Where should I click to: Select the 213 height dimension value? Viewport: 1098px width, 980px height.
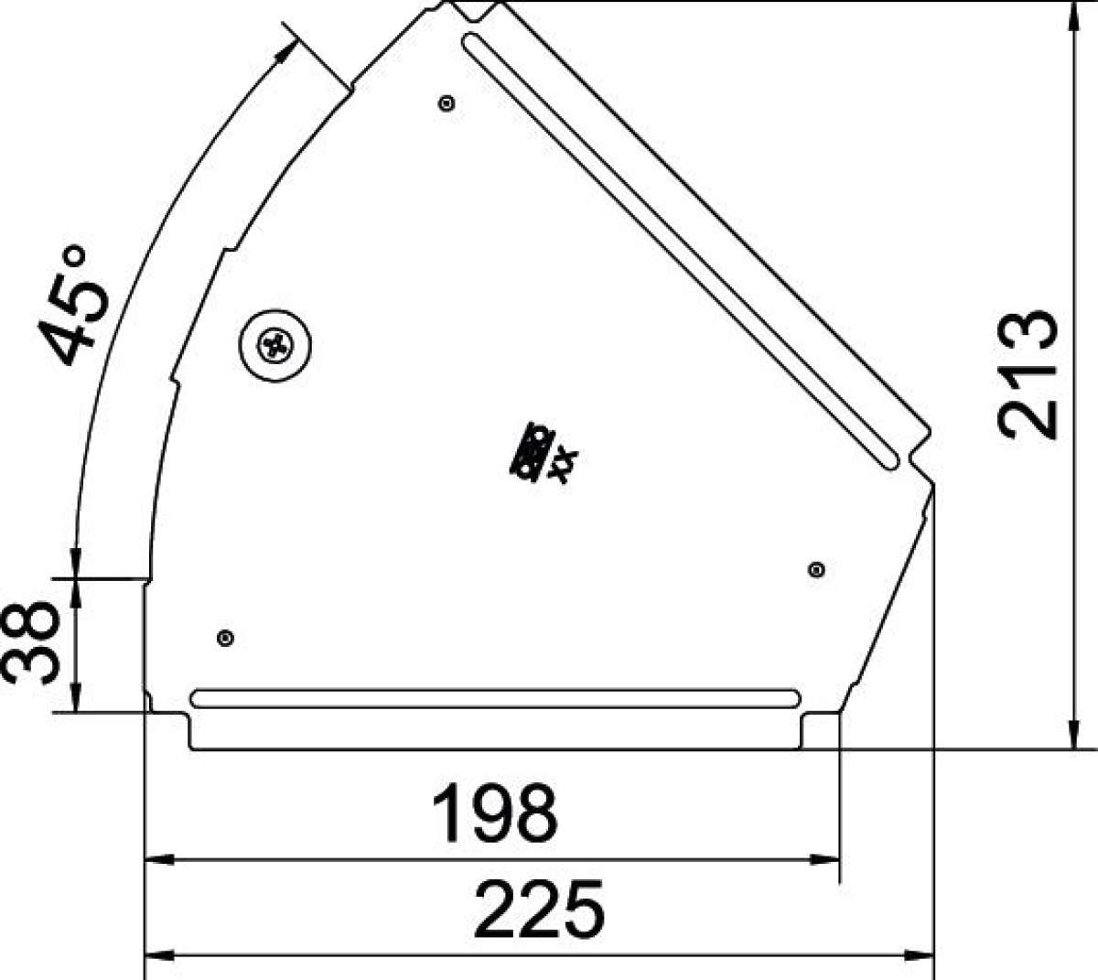[1028, 374]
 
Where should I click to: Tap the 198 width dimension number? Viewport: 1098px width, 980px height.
[494, 813]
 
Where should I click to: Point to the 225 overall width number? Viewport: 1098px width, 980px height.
[540, 910]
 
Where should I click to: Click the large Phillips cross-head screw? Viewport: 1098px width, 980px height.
[275, 345]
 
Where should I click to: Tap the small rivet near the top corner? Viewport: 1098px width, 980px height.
[447, 102]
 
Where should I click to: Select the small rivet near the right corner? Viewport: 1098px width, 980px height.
[817, 570]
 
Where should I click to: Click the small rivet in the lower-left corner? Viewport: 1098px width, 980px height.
[226, 637]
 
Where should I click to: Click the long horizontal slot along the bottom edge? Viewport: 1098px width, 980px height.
[495, 698]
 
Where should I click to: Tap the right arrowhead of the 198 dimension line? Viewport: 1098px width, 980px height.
[827, 859]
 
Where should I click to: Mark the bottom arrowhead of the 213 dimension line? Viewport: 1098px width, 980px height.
[1071, 736]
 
